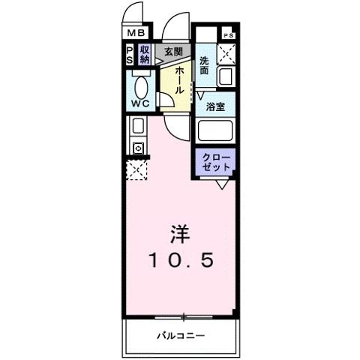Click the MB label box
click(135, 32)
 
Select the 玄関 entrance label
click(173, 51)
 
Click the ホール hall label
click(180, 79)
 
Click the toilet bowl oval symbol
click(139, 82)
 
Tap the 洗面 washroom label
click(204, 66)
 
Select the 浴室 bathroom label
click(216, 106)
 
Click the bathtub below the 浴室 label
click(216, 132)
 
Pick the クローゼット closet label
click(216, 162)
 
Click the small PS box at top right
click(228, 35)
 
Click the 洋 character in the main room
click(180, 233)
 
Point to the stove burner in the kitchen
click(138, 148)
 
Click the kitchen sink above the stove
click(138, 126)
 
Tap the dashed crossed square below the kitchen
click(136, 171)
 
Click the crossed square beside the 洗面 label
click(227, 54)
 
